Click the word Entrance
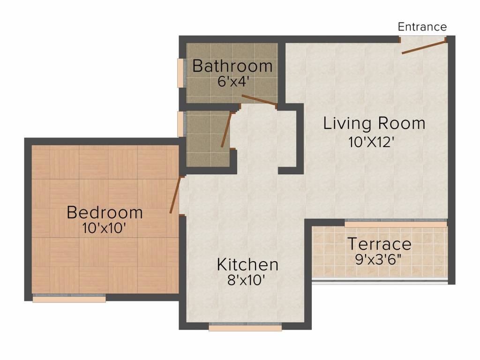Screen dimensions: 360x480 coord(422,27)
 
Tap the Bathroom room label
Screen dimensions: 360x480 coord(232,66)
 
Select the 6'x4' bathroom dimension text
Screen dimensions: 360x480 coord(232,81)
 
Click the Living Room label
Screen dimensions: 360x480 coord(374,124)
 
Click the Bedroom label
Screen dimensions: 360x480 coord(105,212)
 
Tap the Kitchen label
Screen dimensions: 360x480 coord(247,265)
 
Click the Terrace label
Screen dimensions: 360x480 coord(379,244)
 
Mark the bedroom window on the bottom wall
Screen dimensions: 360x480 coord(69,298)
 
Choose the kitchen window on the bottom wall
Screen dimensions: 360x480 coord(245,327)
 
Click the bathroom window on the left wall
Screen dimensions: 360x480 coord(180,73)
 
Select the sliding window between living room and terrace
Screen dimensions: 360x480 coord(396,224)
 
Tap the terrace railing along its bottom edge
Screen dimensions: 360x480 coord(380,282)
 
